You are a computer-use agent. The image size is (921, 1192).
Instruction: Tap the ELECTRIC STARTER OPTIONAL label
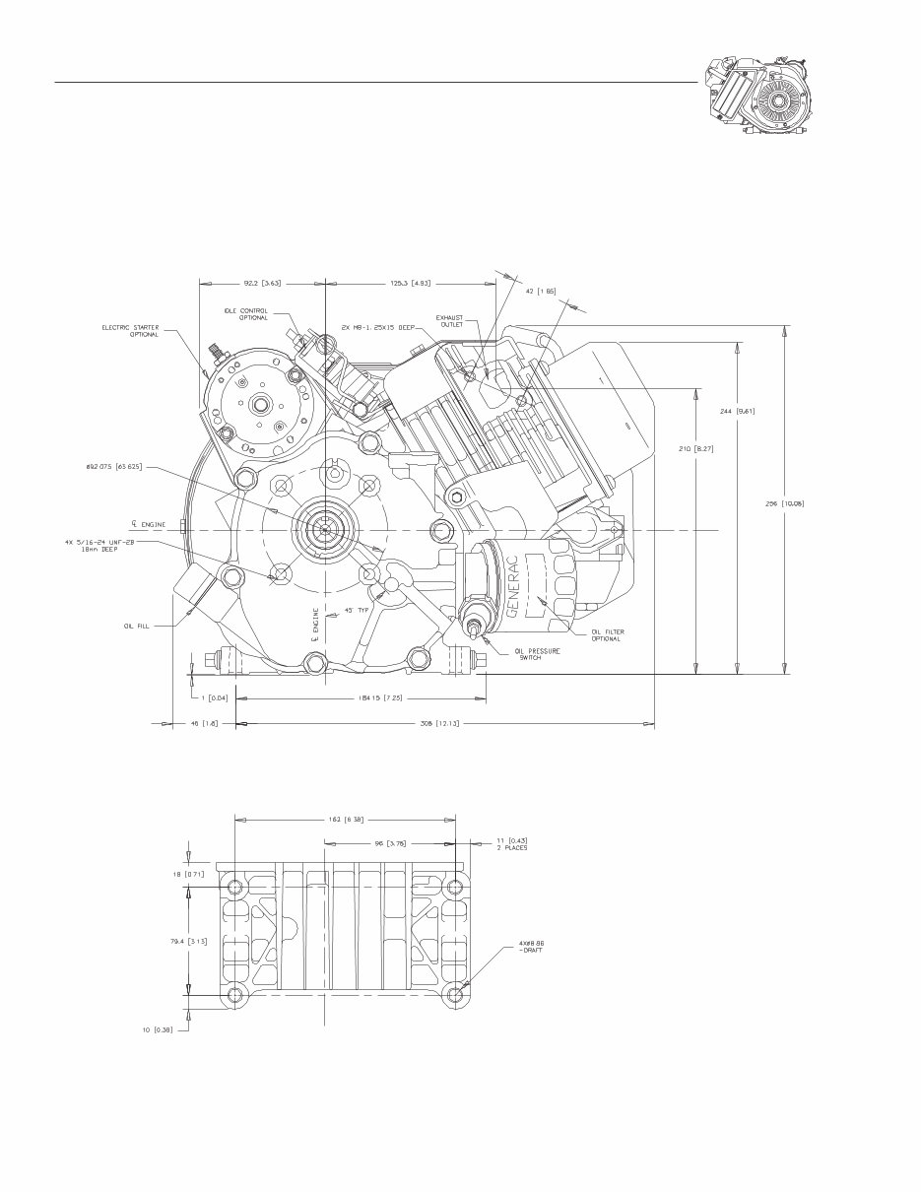click(130, 331)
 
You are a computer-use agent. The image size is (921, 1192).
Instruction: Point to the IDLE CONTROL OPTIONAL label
click(246, 314)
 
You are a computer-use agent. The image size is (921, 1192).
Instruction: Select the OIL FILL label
click(138, 624)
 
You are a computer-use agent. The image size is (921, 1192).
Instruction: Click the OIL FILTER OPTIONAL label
click(606, 635)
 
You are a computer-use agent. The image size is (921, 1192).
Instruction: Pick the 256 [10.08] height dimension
click(785, 502)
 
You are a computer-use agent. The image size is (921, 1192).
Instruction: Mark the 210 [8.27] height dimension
click(696, 448)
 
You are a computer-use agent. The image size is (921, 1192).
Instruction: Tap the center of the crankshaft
click(323, 529)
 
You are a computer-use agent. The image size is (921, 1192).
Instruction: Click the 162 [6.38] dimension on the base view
click(346, 819)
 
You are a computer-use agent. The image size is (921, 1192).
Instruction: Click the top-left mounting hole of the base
click(235, 888)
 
